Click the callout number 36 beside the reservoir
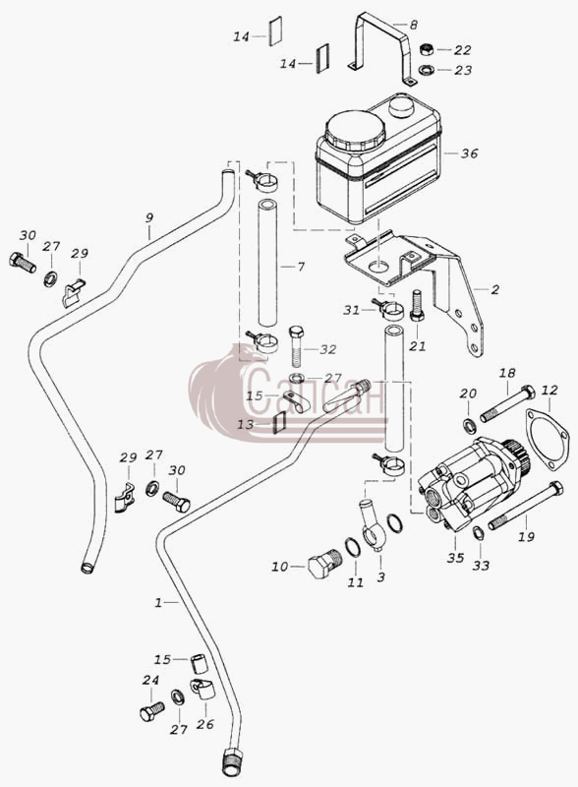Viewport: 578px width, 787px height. click(470, 153)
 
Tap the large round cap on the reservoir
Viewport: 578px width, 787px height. click(355, 129)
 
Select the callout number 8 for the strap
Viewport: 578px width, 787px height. click(413, 25)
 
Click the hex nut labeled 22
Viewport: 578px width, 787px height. click(426, 50)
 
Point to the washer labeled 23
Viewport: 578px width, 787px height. click(426, 69)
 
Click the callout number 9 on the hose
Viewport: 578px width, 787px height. click(149, 218)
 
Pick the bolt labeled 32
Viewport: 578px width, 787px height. click(297, 345)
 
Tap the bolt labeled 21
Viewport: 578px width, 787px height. click(417, 306)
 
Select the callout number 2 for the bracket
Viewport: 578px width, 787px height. click(495, 289)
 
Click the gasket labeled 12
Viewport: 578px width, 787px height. click(547, 440)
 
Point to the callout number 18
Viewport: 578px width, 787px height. click(507, 374)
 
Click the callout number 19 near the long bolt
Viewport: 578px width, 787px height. click(526, 536)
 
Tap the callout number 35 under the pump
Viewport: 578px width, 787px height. click(455, 558)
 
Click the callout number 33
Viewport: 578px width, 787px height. click(481, 566)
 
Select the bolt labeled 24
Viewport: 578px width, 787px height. click(152, 711)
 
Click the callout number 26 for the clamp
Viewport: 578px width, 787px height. click(205, 724)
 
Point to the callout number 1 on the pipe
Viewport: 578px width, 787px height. click(158, 603)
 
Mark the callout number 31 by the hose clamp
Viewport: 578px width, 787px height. click(352, 311)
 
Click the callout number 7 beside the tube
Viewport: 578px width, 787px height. click(301, 267)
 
